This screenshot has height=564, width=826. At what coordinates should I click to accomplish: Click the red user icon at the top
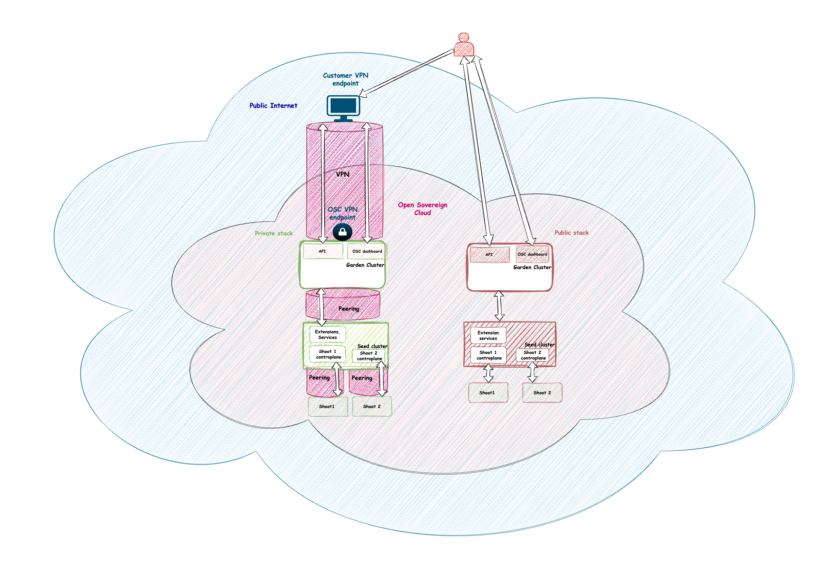click(x=464, y=45)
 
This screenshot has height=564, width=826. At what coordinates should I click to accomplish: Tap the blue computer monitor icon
click(x=343, y=107)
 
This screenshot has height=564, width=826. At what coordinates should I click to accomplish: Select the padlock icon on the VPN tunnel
click(x=342, y=232)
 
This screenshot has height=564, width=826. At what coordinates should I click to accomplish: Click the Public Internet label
click(x=273, y=106)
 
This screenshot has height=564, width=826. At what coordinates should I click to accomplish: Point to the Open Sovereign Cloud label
click(x=422, y=209)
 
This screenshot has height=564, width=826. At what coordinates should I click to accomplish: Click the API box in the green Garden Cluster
click(x=322, y=251)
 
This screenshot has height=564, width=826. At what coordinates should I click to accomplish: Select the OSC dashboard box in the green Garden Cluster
click(x=367, y=251)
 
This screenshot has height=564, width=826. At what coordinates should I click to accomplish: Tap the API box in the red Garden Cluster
click(x=490, y=254)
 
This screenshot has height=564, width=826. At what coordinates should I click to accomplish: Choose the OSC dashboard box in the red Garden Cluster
click(x=532, y=254)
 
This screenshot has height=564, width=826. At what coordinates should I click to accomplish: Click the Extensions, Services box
click(x=327, y=334)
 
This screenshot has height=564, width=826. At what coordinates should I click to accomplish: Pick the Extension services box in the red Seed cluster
click(x=488, y=336)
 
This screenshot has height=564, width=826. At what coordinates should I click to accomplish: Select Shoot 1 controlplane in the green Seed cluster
click(x=328, y=354)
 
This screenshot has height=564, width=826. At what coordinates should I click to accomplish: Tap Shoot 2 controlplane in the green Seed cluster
click(x=369, y=356)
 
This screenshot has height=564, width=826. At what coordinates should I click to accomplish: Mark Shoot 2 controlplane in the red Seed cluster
click(x=532, y=355)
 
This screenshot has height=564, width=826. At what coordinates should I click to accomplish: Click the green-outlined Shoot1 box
click(x=327, y=406)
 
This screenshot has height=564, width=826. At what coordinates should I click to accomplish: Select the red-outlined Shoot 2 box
click(x=542, y=392)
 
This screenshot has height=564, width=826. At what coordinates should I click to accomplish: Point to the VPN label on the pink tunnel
click(x=343, y=174)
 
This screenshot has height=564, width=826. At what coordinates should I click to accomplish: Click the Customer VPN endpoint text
click(x=346, y=79)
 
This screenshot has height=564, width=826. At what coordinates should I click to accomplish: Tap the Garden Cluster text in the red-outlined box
click(x=532, y=267)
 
